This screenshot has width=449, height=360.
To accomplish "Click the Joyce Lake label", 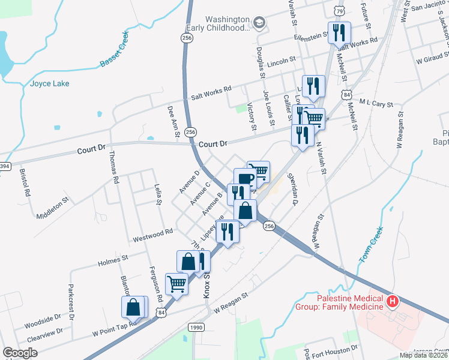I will click(x=49, y=83).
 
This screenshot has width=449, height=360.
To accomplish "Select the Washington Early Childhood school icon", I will click(x=259, y=23).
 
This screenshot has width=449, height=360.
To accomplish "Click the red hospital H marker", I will click(x=392, y=301).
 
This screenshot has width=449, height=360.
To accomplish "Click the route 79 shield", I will click(x=340, y=11).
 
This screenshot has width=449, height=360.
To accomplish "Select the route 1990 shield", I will click(x=196, y=327).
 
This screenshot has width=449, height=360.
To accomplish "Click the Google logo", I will click(x=20, y=353).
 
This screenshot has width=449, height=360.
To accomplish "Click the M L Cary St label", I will click(x=375, y=103).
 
